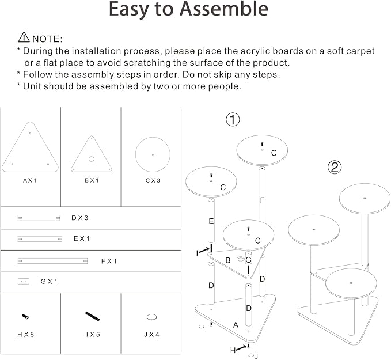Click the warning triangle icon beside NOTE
[x=24, y=37]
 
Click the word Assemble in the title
[x=224, y=9]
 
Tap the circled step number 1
[x=233, y=119]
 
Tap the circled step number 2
[x=334, y=167]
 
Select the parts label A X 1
[x=30, y=180]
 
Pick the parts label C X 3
[x=153, y=180]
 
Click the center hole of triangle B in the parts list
[x=91, y=159]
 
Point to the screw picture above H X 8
[x=26, y=317]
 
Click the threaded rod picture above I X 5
[x=93, y=316]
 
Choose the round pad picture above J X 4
[x=151, y=317]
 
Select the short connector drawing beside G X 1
[x=24, y=282]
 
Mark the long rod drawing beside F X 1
[x=52, y=261]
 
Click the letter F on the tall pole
[x=262, y=200]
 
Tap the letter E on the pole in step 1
[x=211, y=221]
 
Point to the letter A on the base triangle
[x=236, y=325]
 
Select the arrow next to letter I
[x=204, y=251]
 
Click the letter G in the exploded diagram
[x=248, y=260]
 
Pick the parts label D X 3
[x=80, y=218]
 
